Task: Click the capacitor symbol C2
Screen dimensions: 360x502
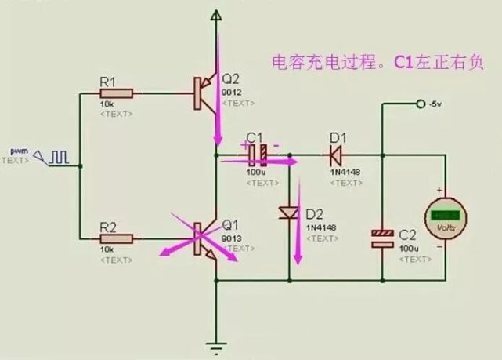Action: coord(381,238)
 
